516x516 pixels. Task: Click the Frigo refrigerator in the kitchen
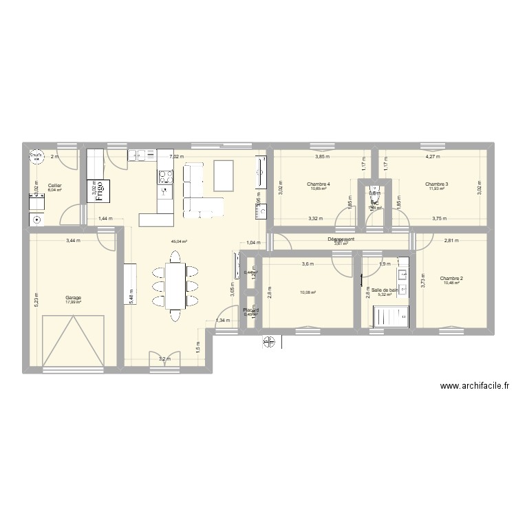click(96, 186)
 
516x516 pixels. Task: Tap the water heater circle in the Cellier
click(35, 158)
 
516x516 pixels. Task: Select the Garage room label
click(74, 298)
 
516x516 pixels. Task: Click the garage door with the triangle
click(74, 341)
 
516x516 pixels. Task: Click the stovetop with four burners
click(165, 175)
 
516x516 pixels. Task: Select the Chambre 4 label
click(319, 184)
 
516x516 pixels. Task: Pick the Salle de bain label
click(385, 290)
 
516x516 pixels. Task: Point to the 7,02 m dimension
click(178, 157)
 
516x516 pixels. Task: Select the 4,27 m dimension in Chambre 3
click(434, 157)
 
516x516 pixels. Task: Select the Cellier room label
click(54, 185)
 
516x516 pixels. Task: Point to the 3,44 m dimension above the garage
click(73, 240)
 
